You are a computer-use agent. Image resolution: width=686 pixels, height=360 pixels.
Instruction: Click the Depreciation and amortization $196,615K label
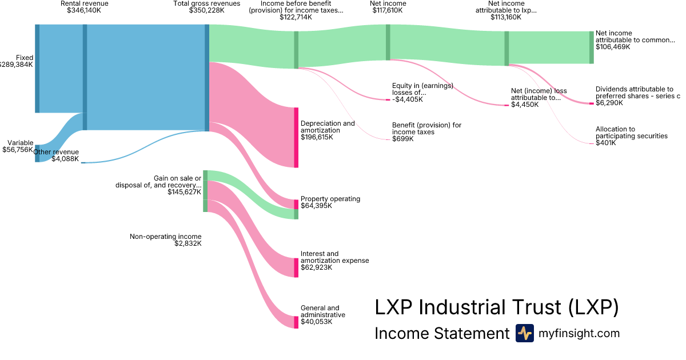point(328,130)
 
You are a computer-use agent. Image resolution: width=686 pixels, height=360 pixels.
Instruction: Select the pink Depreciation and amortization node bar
point(296,137)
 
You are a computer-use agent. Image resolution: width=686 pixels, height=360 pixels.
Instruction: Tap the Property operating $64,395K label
point(330,202)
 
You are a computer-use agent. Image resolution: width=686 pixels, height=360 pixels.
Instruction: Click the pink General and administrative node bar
point(296,322)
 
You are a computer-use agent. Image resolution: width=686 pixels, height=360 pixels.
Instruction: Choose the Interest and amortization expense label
point(334,261)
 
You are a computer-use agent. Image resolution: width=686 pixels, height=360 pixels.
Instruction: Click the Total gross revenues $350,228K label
point(199,7)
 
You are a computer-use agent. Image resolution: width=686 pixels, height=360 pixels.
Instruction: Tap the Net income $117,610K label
point(388,7)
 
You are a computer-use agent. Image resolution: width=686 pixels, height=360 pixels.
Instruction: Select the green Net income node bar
point(388,42)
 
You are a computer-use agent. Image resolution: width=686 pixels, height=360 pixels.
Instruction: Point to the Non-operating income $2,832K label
point(166,240)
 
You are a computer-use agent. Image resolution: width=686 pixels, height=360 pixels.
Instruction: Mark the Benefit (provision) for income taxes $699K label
point(426,132)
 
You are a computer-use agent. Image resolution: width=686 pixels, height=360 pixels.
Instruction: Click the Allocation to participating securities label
point(631,136)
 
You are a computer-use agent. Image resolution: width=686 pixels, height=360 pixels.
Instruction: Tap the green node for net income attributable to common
point(592,47)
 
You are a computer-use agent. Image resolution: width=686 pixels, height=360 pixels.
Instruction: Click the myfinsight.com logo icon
point(524,333)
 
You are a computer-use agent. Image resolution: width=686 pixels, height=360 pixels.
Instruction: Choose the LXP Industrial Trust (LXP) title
point(496,307)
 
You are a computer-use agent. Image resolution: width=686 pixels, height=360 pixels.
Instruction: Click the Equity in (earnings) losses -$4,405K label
point(422,93)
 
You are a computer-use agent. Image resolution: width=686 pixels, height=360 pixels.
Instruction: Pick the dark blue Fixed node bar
point(37,69)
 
